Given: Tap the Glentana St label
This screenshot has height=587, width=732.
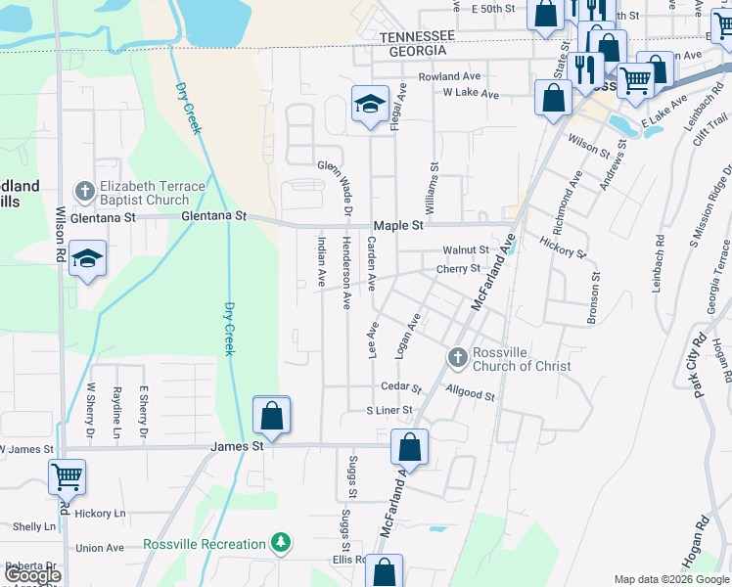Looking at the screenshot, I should pos(212,216).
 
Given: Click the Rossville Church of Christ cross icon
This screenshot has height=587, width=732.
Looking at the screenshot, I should pos(457,358).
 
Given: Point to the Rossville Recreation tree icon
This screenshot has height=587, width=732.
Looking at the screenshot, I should pos(280,542).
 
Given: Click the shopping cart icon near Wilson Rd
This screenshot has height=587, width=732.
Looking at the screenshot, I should pos(67,477).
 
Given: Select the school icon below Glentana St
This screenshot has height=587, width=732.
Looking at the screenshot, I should pos(86,259).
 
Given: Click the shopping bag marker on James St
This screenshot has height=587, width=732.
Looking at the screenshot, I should pos(271,416).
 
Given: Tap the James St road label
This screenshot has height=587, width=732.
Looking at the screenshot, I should pos(238,446).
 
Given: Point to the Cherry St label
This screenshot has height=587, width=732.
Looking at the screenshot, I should pos(458,268).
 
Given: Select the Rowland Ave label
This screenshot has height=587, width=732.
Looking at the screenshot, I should pos(449,76).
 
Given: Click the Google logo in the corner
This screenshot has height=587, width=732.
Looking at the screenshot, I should pos(32,575).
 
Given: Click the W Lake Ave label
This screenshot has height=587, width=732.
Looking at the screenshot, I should pos(471,95).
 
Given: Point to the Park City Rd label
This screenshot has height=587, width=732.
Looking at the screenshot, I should pos(700,367).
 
